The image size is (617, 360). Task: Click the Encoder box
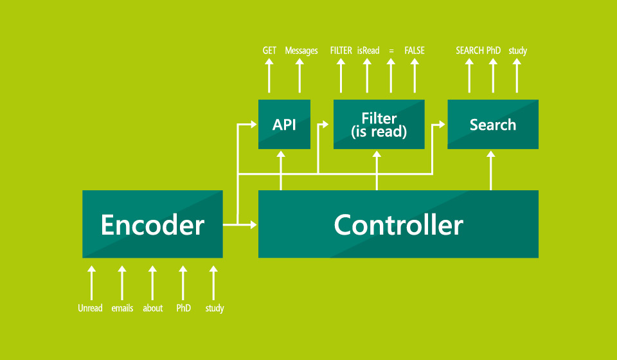(152, 224)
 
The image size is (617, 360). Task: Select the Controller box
(398, 224)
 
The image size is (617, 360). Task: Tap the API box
(284, 124)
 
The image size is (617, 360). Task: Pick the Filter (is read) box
(379, 124)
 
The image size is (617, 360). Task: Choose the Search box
(492, 124)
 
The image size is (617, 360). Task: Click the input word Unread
(91, 309)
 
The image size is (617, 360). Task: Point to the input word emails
(122, 309)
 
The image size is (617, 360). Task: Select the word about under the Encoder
(153, 309)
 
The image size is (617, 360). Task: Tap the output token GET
(269, 51)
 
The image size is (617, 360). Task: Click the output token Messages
(301, 51)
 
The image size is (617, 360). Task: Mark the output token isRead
(368, 51)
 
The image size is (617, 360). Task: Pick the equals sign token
(391, 51)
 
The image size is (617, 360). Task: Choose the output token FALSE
(415, 51)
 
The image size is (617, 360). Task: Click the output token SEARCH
(469, 51)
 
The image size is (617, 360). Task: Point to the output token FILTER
(341, 51)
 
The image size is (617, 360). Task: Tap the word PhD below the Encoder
(184, 309)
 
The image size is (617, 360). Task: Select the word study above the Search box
(517, 51)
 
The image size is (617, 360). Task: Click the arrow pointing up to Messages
(300, 76)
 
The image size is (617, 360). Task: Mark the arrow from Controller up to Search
(491, 170)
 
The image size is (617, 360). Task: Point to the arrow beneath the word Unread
(91, 283)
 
